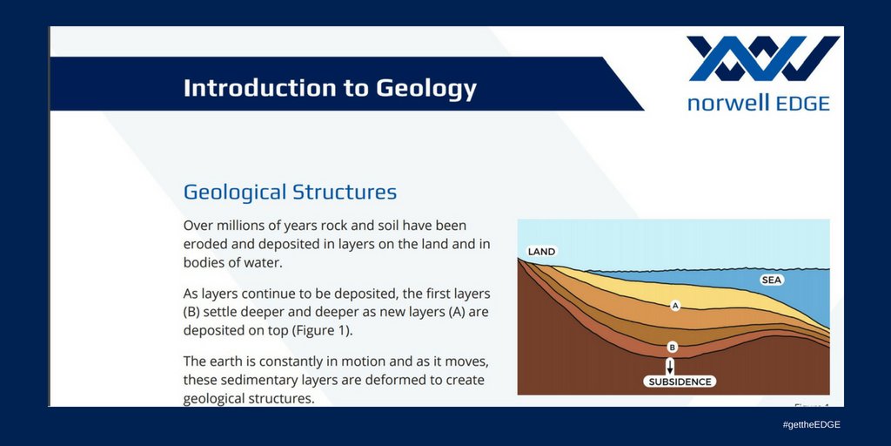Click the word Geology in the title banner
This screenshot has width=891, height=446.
point(426,89)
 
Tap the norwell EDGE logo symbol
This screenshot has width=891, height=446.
point(762,58)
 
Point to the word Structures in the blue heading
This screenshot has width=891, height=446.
point(345,192)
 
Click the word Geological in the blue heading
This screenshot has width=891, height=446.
point(235,193)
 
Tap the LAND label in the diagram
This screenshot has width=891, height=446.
point(541,252)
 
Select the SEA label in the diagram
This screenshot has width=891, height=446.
point(772,280)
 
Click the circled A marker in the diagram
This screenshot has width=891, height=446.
point(675,306)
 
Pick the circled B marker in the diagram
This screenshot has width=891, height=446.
point(672,347)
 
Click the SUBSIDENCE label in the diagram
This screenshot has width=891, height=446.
point(680,382)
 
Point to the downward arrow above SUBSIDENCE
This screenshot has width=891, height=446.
point(671,366)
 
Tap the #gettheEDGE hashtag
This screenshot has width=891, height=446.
point(811,424)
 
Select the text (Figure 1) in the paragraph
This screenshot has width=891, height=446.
point(322,330)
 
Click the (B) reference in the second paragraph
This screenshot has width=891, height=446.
point(191,313)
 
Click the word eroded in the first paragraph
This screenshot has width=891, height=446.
point(202,244)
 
